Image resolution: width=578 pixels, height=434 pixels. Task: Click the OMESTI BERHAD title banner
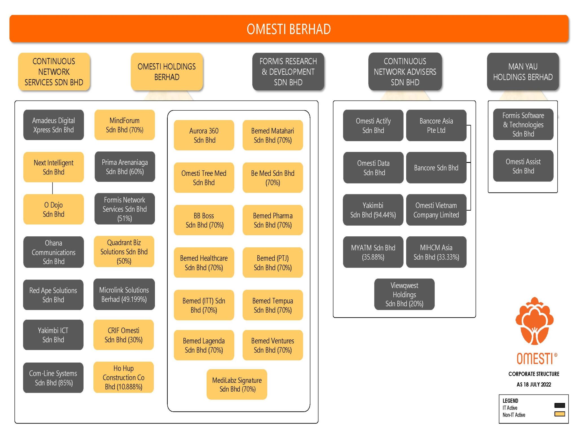point(288,29)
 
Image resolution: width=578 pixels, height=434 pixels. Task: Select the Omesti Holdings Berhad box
point(167,72)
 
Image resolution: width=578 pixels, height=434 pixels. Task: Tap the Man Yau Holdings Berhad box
point(523,72)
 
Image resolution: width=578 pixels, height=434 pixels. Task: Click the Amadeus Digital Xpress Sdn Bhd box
point(53,125)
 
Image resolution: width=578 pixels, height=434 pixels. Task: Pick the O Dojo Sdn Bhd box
point(53,209)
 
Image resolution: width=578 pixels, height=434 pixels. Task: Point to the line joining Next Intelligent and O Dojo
point(52,188)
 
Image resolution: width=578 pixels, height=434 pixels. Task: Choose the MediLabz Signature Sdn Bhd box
point(237,384)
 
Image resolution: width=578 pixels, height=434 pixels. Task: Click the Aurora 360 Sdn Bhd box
point(204,135)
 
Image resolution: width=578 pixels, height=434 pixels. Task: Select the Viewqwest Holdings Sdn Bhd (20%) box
point(404,294)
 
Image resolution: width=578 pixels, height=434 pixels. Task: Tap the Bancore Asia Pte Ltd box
point(436,125)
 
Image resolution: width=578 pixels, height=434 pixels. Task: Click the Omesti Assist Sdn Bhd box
point(523,166)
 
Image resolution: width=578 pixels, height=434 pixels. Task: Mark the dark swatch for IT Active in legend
point(559,405)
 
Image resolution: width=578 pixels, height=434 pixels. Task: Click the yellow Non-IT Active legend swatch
point(559,414)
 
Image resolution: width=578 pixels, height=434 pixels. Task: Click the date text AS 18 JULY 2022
point(534,384)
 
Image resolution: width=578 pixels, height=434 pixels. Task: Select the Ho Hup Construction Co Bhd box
point(124,377)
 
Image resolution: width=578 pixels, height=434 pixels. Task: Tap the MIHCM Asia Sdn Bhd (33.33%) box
point(436,252)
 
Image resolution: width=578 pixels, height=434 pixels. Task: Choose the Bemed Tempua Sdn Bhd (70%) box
point(273,305)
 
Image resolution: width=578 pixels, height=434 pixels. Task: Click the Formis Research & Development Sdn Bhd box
point(288,72)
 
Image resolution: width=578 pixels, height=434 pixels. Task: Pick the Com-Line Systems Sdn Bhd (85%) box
point(53,378)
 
